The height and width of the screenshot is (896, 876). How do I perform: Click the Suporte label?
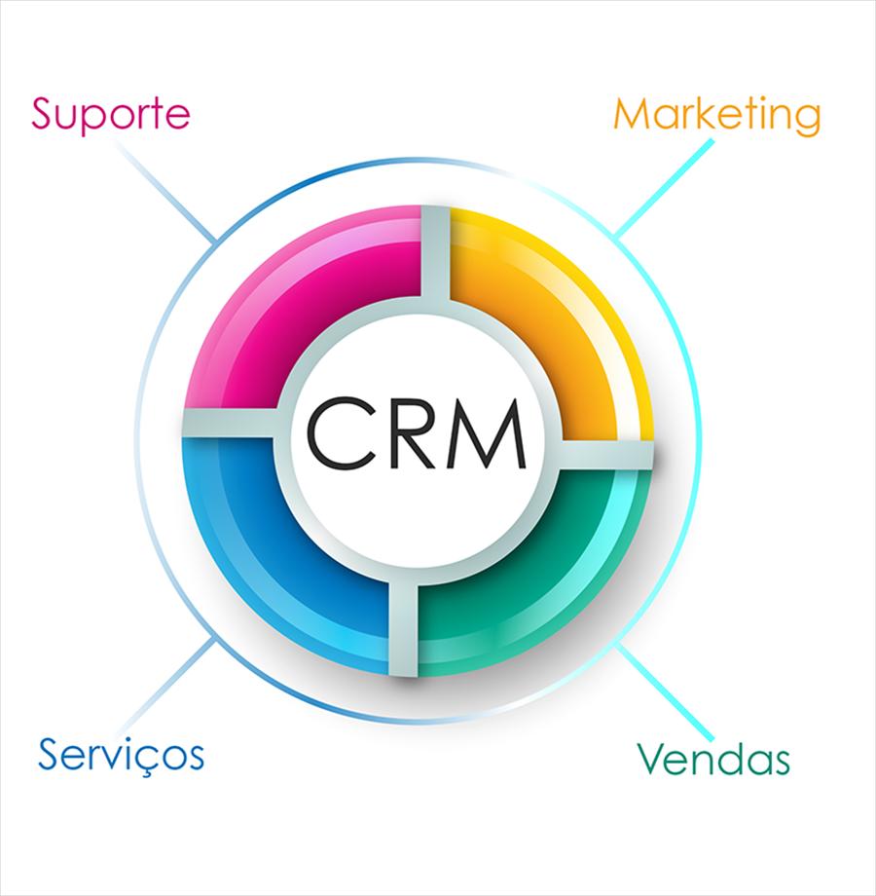click(x=111, y=115)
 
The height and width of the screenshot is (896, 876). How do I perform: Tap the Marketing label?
click(x=717, y=116)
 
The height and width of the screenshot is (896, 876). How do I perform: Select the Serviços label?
click(x=121, y=756)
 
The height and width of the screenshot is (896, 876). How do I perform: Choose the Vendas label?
click(x=713, y=759)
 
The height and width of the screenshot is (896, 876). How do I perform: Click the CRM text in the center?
click(x=417, y=433)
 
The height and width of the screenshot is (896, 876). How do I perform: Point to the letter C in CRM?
click(x=342, y=433)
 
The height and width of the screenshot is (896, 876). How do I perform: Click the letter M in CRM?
click(x=489, y=433)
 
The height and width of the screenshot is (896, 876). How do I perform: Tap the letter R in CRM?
click(x=416, y=433)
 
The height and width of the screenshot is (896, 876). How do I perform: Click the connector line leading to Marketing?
click(x=664, y=189)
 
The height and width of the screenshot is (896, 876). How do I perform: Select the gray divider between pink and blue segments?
click(x=230, y=424)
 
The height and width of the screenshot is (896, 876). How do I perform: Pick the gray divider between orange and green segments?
click(x=606, y=456)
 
